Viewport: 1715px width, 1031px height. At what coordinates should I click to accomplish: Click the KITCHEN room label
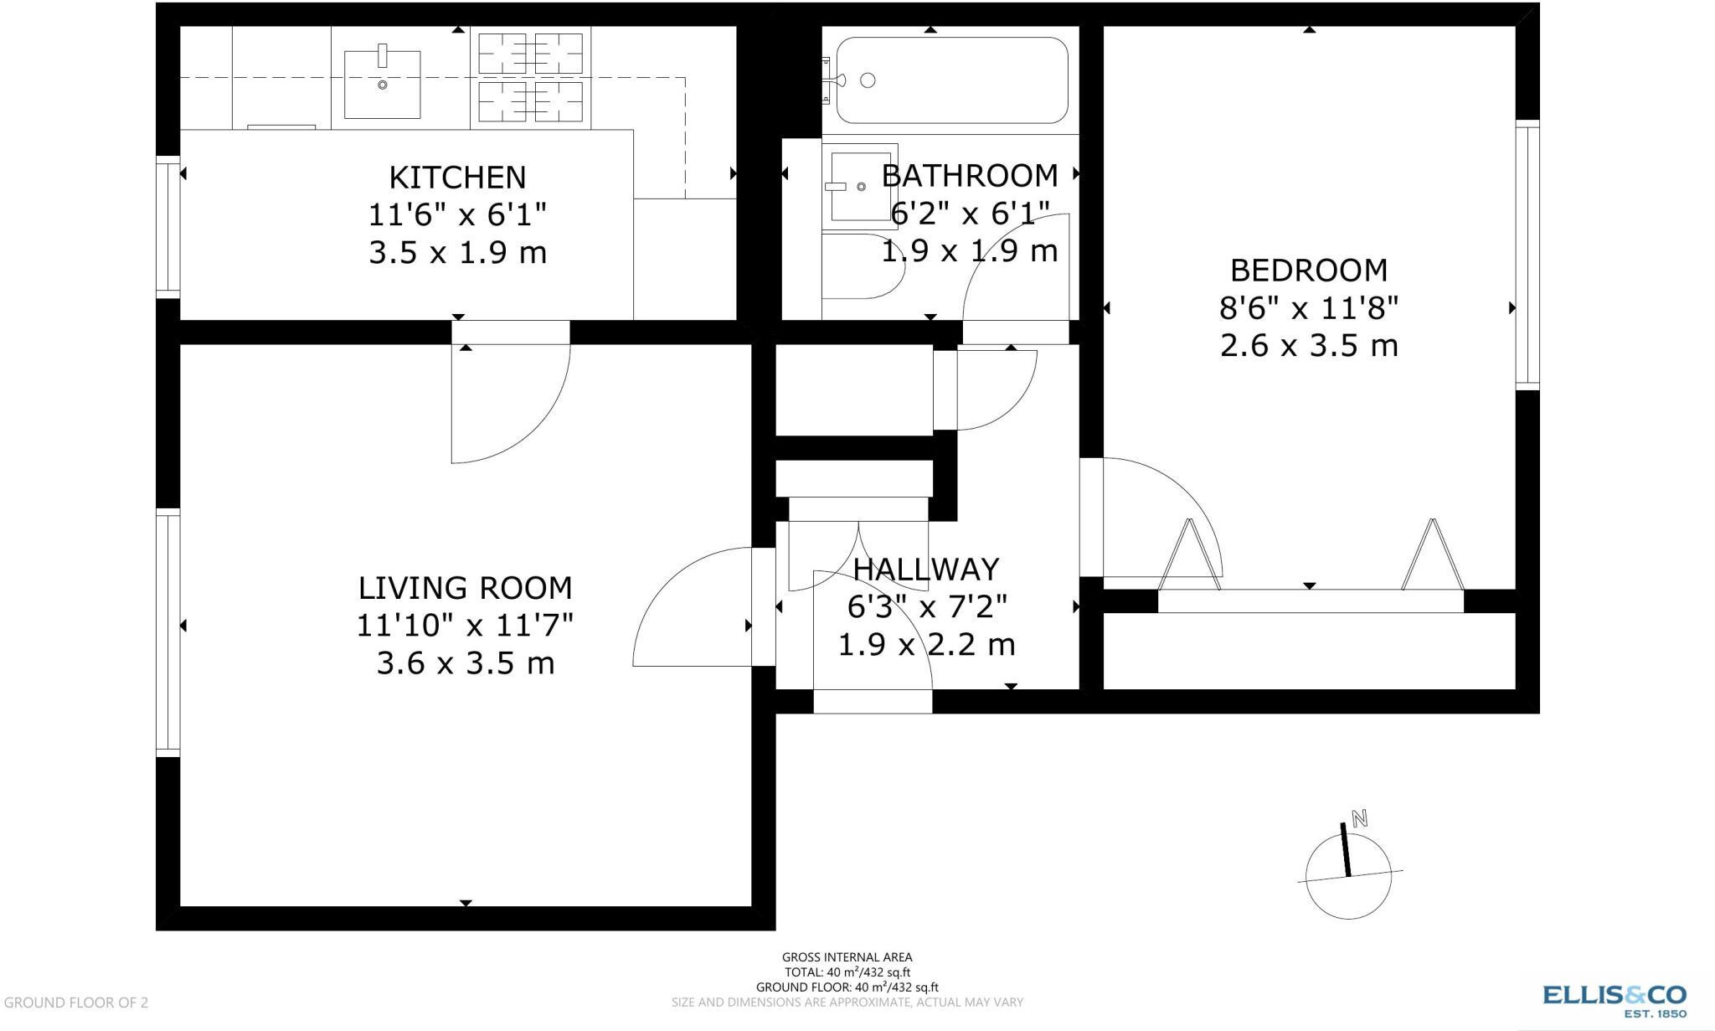tap(457, 178)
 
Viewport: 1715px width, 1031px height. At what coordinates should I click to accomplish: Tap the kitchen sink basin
tap(382, 84)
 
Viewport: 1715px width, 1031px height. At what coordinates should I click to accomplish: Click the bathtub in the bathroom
tap(951, 80)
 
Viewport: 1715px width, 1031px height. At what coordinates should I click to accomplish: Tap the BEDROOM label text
tap(1308, 271)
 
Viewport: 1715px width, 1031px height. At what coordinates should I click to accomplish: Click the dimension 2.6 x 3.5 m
tap(1308, 346)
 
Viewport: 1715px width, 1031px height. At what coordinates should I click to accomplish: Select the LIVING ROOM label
tap(465, 588)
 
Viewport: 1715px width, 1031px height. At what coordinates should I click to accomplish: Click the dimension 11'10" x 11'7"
tap(465, 626)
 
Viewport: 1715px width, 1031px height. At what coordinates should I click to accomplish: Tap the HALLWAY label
tap(925, 570)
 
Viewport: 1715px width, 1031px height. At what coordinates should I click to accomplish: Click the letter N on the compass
tap(1359, 818)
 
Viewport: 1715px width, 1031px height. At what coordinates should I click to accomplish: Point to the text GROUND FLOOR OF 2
tap(76, 1003)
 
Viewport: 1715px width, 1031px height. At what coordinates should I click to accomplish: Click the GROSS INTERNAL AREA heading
tap(847, 956)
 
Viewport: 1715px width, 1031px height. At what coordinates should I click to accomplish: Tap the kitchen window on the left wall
tap(168, 226)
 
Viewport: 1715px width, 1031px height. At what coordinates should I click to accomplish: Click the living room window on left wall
tap(168, 632)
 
